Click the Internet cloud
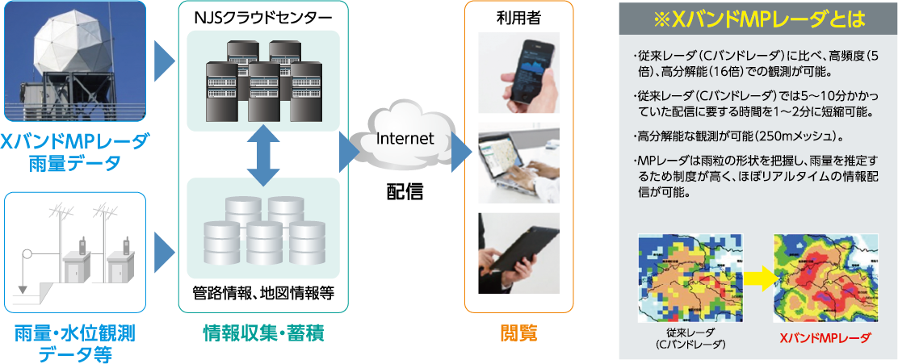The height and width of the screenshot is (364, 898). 405,139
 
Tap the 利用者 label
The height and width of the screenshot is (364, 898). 518,16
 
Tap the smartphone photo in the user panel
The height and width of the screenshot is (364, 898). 518,71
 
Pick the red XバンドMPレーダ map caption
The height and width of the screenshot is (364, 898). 825,338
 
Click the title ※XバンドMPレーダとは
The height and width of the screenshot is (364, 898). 758,18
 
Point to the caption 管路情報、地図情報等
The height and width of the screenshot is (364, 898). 263,292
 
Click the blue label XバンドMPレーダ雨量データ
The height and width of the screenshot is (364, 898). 73,153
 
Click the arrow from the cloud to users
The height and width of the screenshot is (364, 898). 460,149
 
